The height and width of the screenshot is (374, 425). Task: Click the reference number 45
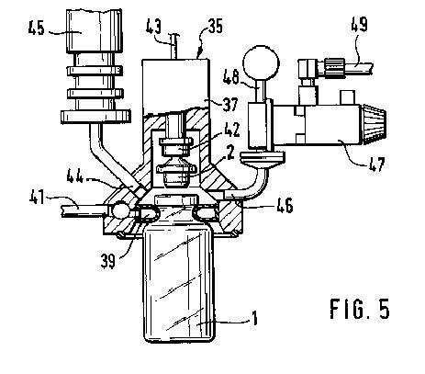37,28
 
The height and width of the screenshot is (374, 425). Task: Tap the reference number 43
153,27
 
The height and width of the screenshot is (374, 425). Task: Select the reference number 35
216,27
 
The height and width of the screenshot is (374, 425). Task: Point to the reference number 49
359,25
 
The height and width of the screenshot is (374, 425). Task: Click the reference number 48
231,76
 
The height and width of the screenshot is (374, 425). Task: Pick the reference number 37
229,105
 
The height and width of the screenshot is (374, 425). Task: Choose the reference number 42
232,130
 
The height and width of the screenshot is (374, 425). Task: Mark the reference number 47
376,164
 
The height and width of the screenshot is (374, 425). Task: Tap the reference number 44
74,176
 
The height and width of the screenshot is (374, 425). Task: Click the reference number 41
37,197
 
